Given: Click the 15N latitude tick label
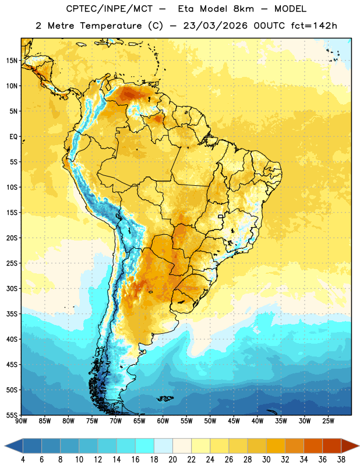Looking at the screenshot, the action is click(x=12, y=61).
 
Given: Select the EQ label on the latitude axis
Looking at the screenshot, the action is click(x=13, y=137).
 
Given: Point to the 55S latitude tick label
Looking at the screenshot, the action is click(x=12, y=415).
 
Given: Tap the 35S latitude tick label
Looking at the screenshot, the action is click(x=12, y=314).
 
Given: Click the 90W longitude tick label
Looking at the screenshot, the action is click(x=21, y=421).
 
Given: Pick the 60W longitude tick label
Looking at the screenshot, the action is click(x=163, y=421).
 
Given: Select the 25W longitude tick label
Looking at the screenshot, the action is click(x=328, y=421).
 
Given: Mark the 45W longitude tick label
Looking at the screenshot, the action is click(x=234, y=421).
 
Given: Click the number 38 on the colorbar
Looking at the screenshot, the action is click(x=341, y=460).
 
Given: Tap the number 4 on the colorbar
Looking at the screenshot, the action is click(x=23, y=460).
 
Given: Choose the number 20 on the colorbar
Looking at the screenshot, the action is click(x=172, y=460).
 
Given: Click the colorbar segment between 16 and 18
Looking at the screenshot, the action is click(x=145, y=446).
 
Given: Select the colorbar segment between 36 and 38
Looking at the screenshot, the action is click(x=332, y=446).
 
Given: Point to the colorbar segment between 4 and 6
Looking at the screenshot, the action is click(x=33, y=446).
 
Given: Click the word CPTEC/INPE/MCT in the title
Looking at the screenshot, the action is click(x=110, y=9).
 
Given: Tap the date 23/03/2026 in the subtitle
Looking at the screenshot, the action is click(x=215, y=26).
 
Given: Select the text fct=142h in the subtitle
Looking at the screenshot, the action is click(x=314, y=26).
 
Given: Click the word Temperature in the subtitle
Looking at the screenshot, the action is click(x=111, y=26).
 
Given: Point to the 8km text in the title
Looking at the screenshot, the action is click(x=243, y=9).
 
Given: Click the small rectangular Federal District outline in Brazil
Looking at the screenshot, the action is click(x=221, y=216).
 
